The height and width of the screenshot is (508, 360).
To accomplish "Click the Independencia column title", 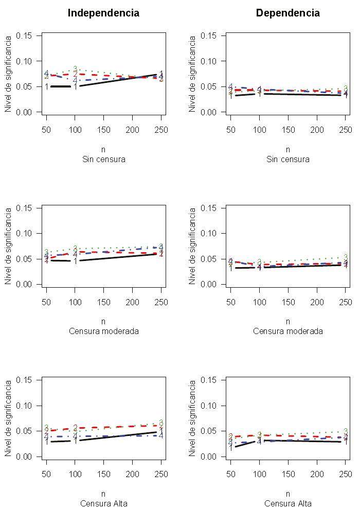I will pos(103,13).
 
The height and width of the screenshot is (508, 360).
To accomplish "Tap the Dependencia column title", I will pos(287,13).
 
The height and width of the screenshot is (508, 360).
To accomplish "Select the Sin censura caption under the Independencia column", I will pos(104,159).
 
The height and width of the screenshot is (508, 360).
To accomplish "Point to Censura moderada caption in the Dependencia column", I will pos(288,331).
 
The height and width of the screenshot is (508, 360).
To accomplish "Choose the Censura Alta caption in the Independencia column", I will pos(104,503).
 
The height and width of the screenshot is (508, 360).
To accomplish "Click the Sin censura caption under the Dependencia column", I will pos(288,159).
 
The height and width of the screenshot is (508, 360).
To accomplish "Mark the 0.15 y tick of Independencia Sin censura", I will pos(25,36).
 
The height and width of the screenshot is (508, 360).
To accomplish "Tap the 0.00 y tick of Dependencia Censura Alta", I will pos(209,457).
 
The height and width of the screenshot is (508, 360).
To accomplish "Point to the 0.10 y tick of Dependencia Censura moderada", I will pos(209,234).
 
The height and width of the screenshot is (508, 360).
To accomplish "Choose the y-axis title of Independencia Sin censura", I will pos(8,74).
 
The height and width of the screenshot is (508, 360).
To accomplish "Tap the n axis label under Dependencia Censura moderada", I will pos(288,322).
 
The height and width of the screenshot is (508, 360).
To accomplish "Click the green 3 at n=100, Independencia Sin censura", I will pos(75,69).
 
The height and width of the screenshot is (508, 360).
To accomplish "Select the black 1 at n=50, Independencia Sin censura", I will pos(46,86).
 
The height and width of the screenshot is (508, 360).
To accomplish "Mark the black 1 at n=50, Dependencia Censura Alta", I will pos(230,447).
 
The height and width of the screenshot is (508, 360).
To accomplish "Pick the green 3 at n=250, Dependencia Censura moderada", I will pos(346,257).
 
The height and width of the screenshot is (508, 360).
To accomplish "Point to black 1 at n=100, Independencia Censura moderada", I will pos(75,261).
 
